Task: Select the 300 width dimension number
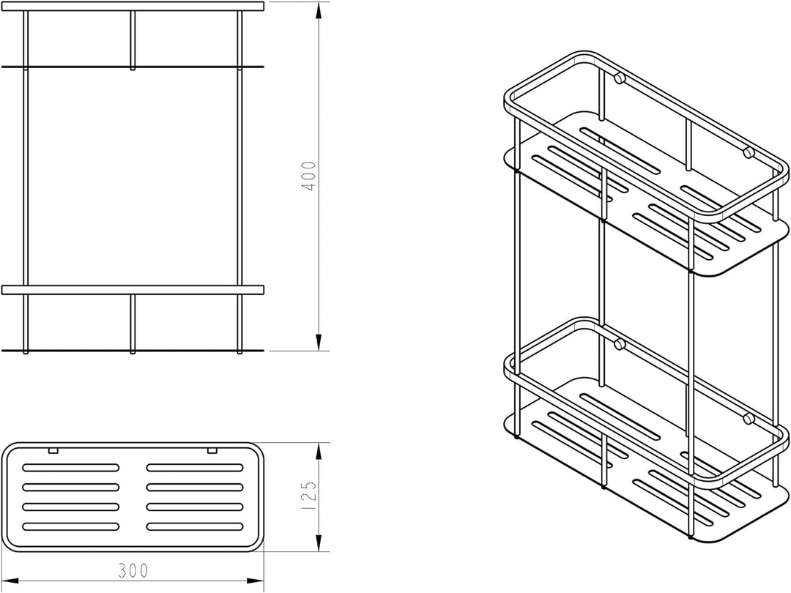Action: click(133, 570)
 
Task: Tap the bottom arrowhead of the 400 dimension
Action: click(319, 341)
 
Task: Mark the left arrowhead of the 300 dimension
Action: click(12, 580)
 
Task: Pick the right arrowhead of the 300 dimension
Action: click(255, 580)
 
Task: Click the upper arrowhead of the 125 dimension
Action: click(319, 452)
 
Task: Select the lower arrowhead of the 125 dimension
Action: click(319, 542)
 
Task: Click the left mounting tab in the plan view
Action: click(53, 450)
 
